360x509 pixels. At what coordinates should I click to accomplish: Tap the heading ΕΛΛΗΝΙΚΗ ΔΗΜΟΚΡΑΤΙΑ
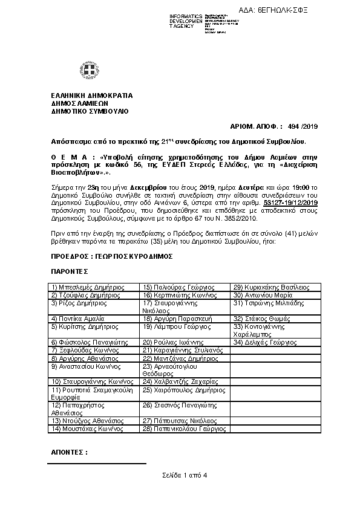coord(92,96)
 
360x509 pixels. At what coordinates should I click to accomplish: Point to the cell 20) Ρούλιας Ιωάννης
coord(168,342)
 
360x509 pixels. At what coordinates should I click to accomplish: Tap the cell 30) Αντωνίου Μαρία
coord(258,295)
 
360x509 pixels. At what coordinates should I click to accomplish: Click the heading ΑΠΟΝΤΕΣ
coord(69,452)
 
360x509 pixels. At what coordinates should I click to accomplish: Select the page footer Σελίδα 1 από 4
coord(185,475)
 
